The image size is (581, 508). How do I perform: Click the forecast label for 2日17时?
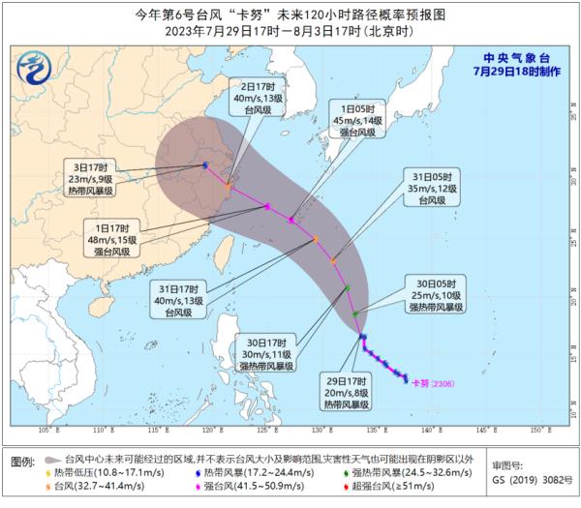pos(257,100)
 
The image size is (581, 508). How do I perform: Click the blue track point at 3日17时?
pos(205,165)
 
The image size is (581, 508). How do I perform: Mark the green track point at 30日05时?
pos(355,314)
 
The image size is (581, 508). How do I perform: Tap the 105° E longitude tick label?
pos(44,429)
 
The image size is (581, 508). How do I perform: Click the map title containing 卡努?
pos(290,15)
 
